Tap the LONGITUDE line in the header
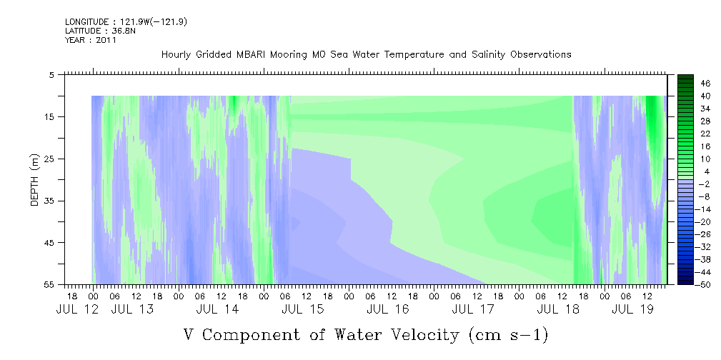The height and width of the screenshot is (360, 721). (126, 22)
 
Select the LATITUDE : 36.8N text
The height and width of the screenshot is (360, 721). (100, 31)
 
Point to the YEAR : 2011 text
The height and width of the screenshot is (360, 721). (91, 40)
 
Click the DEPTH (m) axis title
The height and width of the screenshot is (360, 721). (35, 180)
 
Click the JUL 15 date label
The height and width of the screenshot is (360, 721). (302, 309)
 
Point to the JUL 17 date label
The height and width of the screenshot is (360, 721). (473, 309)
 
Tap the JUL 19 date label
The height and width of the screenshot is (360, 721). (632, 309)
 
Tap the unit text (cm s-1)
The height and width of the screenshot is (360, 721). (509, 335)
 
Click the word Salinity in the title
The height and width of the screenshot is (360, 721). (487, 55)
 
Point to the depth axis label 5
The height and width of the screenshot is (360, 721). (52, 75)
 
